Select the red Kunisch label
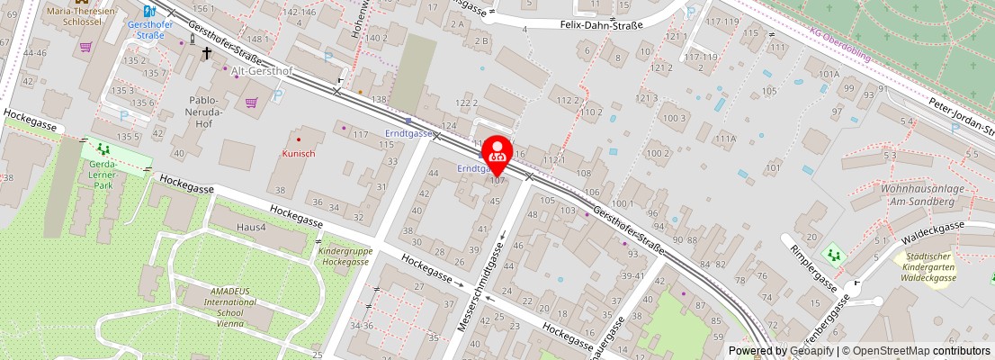299,154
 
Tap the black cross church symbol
206,54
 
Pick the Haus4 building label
251,228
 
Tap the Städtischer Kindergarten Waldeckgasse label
929,269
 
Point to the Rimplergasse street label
812,268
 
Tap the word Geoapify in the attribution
812,351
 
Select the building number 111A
725,139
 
